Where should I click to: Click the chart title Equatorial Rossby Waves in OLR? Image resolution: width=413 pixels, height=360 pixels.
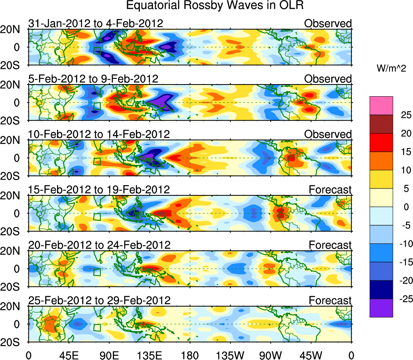tap(215, 6)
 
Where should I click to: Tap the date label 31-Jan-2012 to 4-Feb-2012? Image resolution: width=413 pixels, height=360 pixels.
tap(96, 23)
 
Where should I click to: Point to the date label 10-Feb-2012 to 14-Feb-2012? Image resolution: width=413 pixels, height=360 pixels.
tap(99, 134)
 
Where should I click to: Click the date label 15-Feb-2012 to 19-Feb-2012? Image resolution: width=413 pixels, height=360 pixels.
tap(99, 189)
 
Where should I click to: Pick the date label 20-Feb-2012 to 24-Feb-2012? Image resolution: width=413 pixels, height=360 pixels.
tap(99, 244)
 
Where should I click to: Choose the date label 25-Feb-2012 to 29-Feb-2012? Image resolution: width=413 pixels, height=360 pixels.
tap(99, 300)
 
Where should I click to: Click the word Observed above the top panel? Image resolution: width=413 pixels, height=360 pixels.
tap(328, 23)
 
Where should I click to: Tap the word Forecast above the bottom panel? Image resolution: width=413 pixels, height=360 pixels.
tap(330, 300)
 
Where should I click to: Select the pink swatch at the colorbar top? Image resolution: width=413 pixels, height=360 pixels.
tap(381, 106)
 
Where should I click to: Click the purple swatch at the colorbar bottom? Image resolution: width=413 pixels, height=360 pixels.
tap(381, 308)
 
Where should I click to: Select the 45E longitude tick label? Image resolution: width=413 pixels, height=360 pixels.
tap(68, 356)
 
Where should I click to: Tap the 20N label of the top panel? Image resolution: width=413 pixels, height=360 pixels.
tap(13, 29)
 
